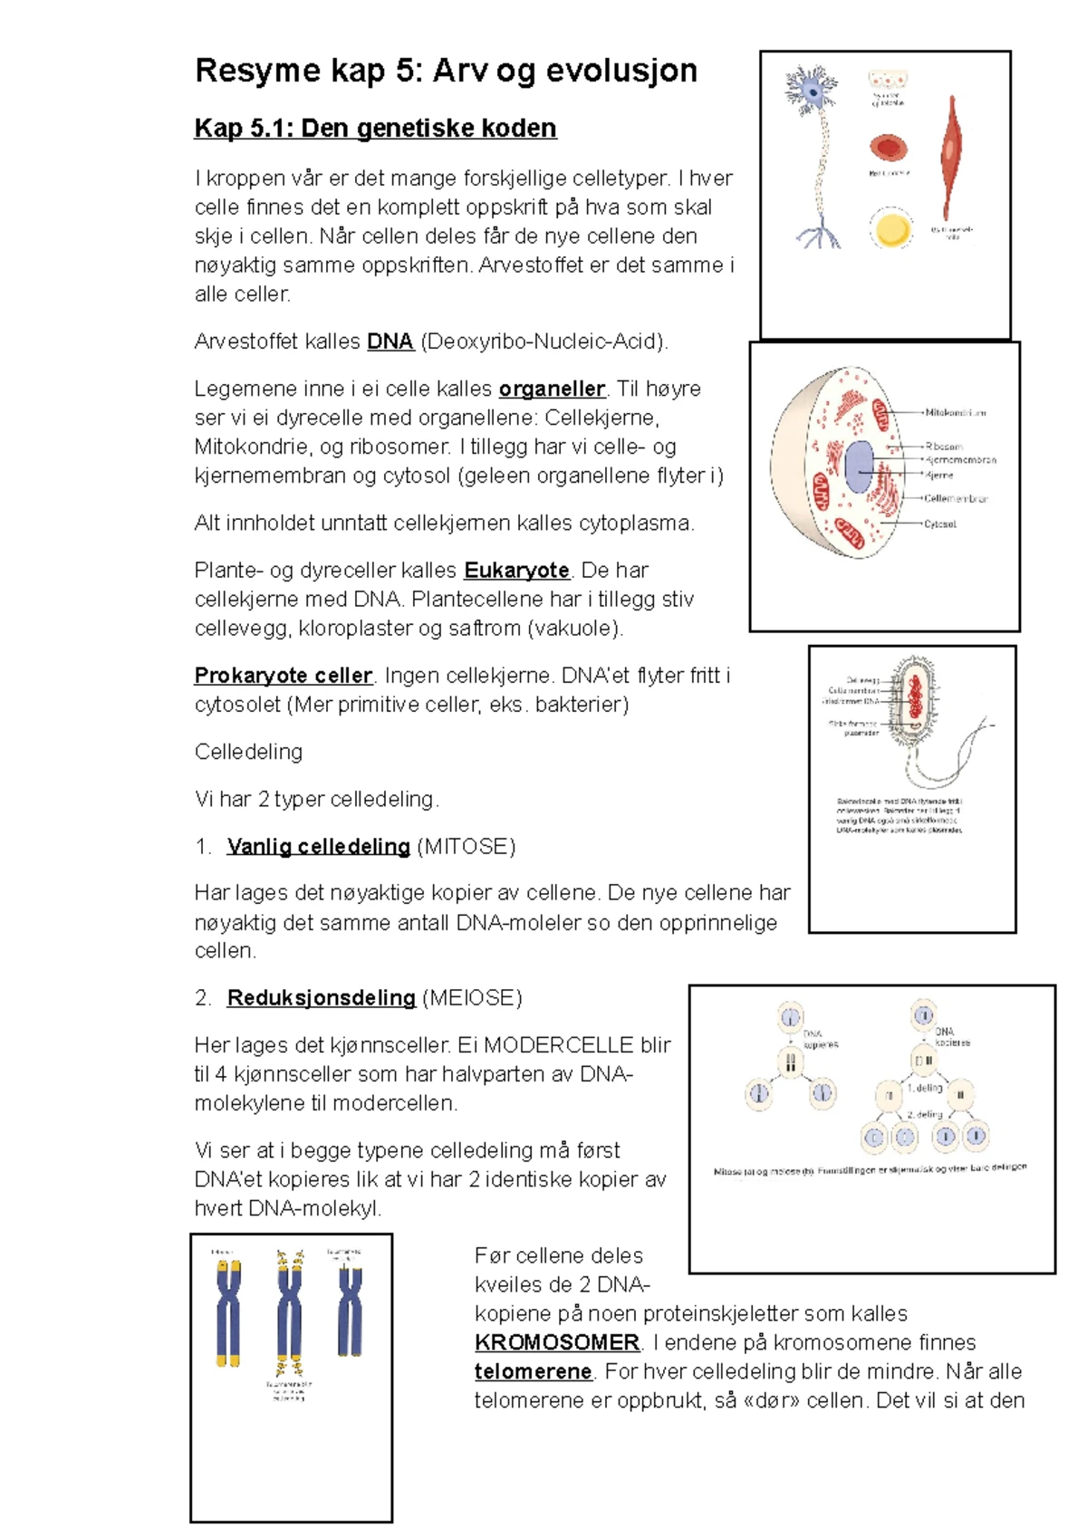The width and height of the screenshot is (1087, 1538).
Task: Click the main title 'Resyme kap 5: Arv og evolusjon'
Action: point(446,71)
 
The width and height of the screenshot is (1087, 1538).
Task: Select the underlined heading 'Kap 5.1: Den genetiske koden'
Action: point(375,129)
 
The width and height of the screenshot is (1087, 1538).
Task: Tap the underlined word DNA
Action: point(390,341)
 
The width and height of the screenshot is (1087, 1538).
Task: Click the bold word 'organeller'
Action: point(552,389)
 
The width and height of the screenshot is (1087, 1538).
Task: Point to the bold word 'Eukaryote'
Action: point(516,571)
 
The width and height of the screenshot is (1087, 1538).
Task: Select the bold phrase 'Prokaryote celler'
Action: point(283,676)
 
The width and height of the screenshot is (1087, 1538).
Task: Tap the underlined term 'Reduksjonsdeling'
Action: point(321,998)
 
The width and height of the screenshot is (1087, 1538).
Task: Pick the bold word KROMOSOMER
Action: point(557,1342)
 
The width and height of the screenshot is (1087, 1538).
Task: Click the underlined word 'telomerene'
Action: point(533,1371)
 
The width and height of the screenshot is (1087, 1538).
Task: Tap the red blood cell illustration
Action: point(889,148)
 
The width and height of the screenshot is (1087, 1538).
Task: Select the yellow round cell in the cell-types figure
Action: point(890,228)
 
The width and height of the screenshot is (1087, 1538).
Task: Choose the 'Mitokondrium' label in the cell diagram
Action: point(955,412)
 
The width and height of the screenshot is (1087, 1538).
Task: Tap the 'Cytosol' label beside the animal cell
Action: point(939,524)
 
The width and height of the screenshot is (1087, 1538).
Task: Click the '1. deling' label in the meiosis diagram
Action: point(925,1087)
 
